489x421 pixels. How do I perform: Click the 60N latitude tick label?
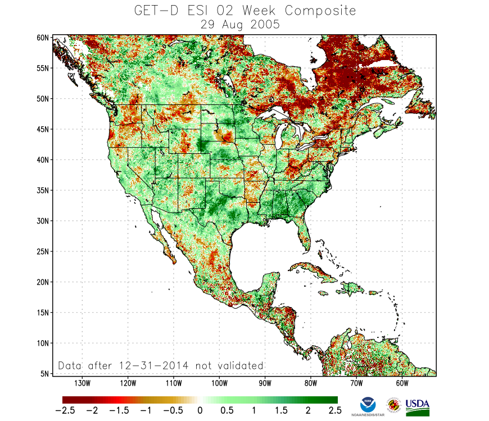point(44,38)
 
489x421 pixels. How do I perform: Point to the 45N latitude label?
point(44,129)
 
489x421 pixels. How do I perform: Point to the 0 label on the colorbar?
point(200,411)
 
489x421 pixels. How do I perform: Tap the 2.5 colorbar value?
point(335,411)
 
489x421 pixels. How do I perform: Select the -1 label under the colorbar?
point(145,411)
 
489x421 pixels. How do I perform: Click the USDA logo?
point(417,407)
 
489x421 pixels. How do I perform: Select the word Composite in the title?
point(319,11)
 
